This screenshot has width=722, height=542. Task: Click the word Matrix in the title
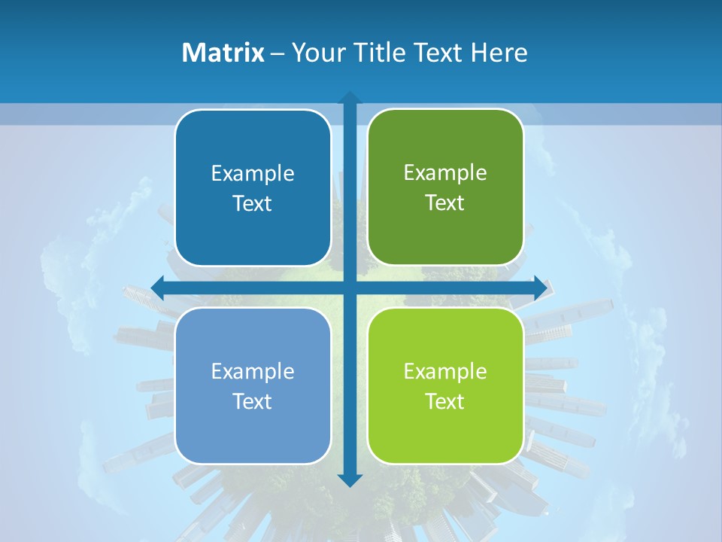click(x=223, y=53)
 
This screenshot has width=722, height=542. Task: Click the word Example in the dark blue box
click(x=253, y=173)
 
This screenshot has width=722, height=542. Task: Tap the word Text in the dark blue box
click(x=253, y=203)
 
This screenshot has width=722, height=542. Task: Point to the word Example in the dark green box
click(x=445, y=172)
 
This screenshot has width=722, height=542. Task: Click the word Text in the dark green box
click(x=445, y=202)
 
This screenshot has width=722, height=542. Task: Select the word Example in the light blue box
click(x=253, y=371)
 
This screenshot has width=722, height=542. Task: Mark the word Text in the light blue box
click(x=253, y=401)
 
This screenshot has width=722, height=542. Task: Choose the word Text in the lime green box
click(x=445, y=401)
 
